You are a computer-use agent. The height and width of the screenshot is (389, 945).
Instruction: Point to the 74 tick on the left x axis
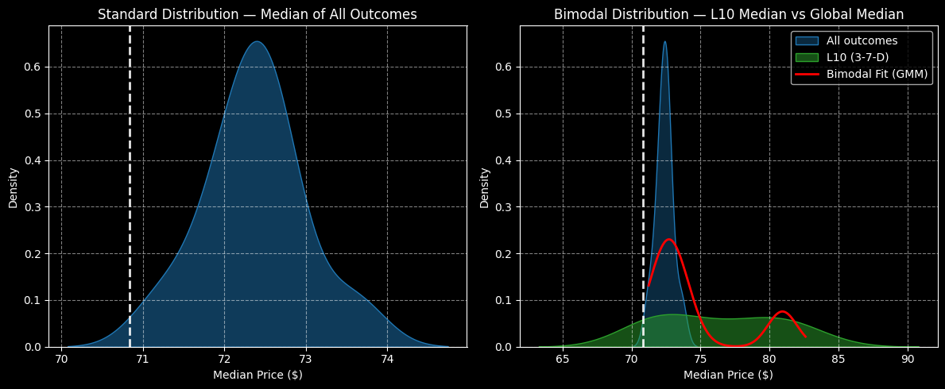click(x=387, y=359)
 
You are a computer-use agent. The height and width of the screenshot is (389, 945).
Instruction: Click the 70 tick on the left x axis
click(x=61, y=359)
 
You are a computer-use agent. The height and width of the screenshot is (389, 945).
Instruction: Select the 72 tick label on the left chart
click(x=224, y=359)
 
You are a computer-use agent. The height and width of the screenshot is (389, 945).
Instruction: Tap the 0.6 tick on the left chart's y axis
click(x=33, y=67)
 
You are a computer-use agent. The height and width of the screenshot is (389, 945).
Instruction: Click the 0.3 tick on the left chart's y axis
click(x=33, y=207)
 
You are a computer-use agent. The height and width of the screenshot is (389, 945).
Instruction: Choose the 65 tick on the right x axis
click(x=563, y=359)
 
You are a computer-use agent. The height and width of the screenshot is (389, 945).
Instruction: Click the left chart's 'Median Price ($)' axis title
click(x=258, y=375)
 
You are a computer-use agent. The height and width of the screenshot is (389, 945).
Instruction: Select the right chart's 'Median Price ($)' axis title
click(x=728, y=375)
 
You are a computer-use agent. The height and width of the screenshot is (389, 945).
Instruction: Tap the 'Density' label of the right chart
click(x=485, y=187)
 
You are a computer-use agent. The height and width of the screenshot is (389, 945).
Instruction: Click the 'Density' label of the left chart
click(x=14, y=187)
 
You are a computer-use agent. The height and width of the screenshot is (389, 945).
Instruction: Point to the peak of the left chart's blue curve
click(x=257, y=41)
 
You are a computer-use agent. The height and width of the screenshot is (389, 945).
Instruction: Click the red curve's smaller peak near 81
click(x=782, y=311)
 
